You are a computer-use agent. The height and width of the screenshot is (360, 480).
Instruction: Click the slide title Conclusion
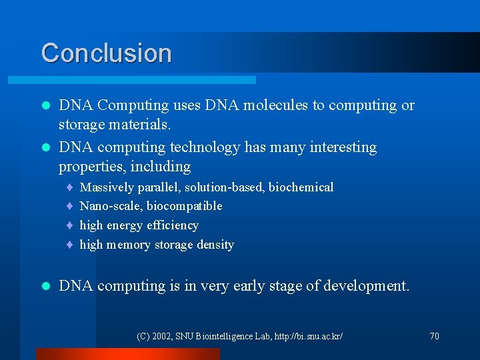tap(106, 53)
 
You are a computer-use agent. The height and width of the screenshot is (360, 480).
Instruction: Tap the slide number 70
tap(434, 336)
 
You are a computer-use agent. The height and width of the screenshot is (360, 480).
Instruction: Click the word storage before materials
tap(81, 125)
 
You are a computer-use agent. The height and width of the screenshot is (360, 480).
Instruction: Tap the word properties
tap(89, 166)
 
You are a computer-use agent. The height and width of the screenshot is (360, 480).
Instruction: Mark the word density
tap(215, 245)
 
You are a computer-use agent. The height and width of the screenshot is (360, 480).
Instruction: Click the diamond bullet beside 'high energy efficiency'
tap(69, 226)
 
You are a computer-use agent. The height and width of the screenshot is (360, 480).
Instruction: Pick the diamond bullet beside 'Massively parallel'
tap(69, 188)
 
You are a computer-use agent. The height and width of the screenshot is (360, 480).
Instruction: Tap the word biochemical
tap(301, 187)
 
